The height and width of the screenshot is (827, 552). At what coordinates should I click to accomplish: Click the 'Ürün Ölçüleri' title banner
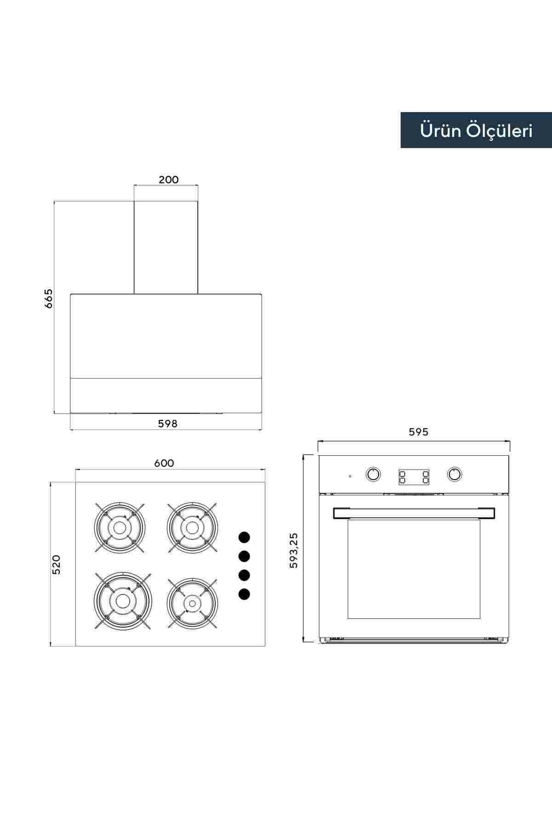(x=476, y=130)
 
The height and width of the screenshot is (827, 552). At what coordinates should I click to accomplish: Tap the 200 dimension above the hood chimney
(x=168, y=180)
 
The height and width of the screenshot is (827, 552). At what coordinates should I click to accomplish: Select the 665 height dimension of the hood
(x=49, y=298)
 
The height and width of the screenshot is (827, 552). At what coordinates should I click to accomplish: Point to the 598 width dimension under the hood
(x=167, y=424)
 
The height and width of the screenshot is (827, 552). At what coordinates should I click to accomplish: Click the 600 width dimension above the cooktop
(x=164, y=463)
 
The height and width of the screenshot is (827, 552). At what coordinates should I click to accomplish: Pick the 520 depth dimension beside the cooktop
(x=56, y=565)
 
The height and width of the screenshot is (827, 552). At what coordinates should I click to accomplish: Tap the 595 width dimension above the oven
(x=418, y=432)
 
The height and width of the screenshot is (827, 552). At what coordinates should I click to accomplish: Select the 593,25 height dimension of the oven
(x=293, y=550)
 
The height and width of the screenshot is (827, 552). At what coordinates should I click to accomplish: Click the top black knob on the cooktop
(x=244, y=537)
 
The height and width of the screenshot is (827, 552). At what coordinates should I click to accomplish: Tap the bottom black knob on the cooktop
(x=244, y=594)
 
